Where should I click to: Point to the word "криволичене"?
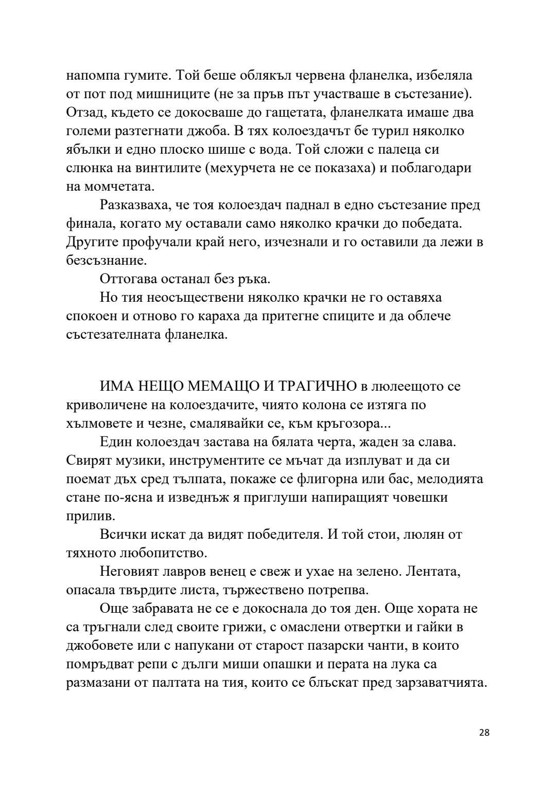(109, 405)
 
